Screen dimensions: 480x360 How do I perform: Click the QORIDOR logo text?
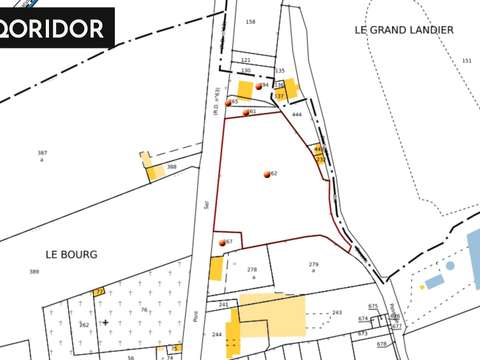click(57, 27)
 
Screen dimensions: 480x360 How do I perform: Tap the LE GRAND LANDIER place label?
click(404, 30)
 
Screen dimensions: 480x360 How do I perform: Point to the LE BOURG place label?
click(71, 255)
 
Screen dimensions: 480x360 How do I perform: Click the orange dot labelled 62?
click(267, 175)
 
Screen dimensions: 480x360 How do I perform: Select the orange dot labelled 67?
click(222, 243)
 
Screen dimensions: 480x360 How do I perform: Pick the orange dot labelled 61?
click(245, 112)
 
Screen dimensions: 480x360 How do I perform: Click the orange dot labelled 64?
click(259, 87)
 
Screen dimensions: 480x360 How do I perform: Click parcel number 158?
click(250, 21)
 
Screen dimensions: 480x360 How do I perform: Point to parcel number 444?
click(297, 116)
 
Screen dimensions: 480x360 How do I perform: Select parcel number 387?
click(42, 152)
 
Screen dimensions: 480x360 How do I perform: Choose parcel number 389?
click(34, 272)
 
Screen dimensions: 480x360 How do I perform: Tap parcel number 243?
click(337, 313)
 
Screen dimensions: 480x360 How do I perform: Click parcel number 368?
click(172, 166)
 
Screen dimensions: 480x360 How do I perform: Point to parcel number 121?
click(245, 60)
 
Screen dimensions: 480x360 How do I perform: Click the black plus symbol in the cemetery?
click(105, 323)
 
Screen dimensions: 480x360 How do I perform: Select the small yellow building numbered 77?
click(99, 291)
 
